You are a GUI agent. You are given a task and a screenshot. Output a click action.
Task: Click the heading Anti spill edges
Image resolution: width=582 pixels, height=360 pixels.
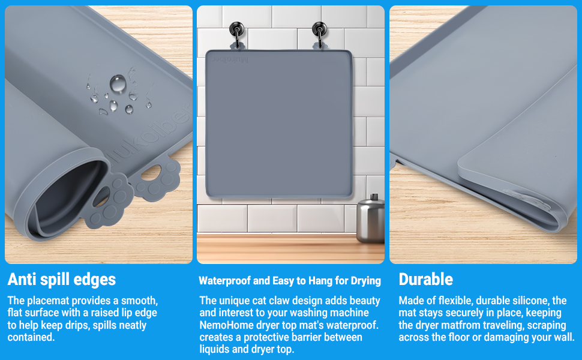[62, 279]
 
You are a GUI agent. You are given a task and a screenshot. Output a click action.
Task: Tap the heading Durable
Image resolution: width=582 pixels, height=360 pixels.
[425, 279]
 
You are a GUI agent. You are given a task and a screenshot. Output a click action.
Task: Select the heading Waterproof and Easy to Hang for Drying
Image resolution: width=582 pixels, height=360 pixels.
[290, 280]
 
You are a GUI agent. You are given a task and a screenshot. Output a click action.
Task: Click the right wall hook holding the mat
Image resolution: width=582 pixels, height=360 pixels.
[317, 30]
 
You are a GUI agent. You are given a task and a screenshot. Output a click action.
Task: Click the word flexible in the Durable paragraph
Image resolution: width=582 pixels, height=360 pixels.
[449, 301]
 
